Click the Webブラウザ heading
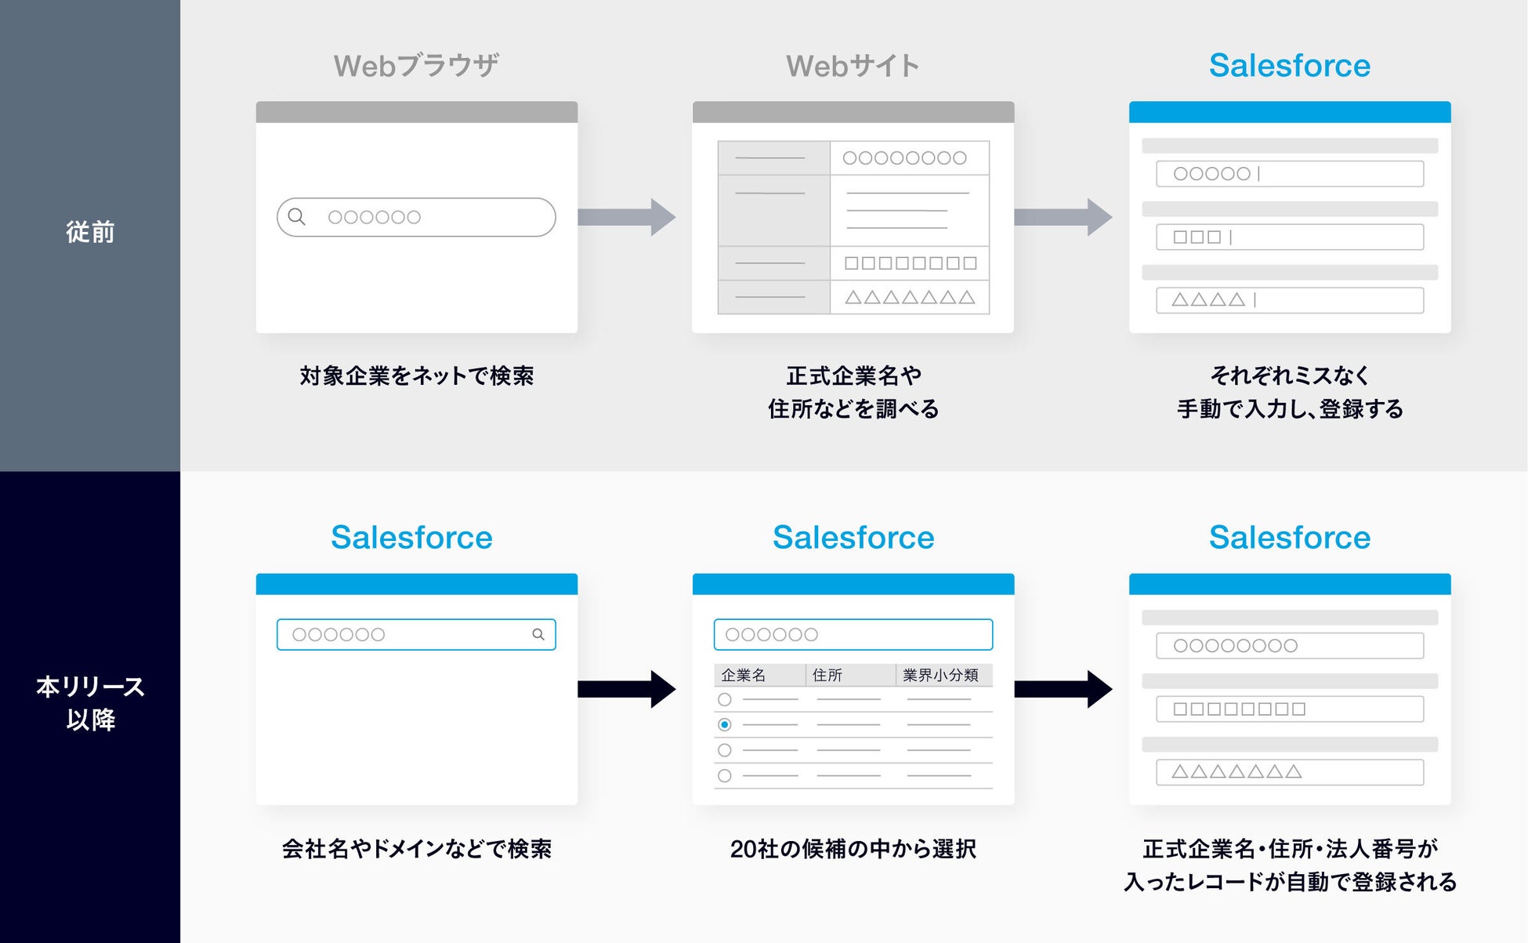(416, 66)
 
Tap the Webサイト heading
(853, 66)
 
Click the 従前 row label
(90, 232)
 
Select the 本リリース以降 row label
(90, 702)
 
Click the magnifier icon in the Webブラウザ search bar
(296, 216)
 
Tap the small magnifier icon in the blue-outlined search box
(538, 634)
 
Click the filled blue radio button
(725, 724)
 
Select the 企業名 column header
(744, 675)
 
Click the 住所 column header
(827, 675)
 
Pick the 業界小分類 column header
(940, 675)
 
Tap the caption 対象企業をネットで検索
(416, 376)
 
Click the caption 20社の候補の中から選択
(853, 849)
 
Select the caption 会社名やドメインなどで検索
(416, 849)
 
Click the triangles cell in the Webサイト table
(910, 298)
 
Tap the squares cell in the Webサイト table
(910, 263)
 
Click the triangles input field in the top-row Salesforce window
(1290, 300)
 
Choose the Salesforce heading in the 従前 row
(1290, 66)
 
